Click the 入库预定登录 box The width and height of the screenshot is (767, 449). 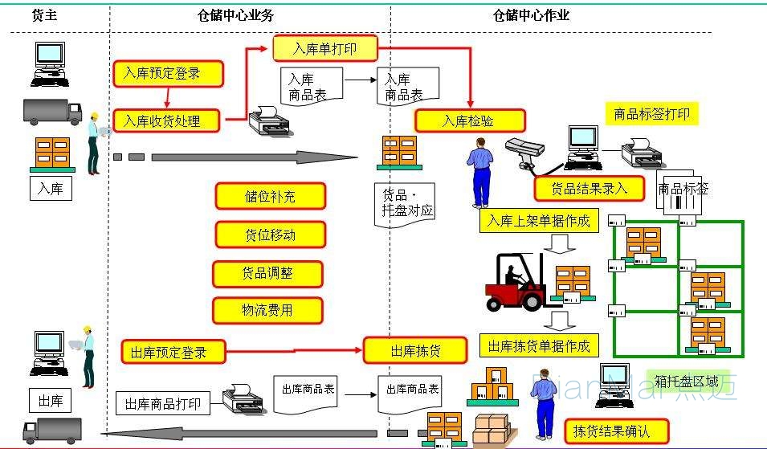(167, 74)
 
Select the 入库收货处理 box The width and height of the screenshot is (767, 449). (167, 121)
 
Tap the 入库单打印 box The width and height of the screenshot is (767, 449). (324, 49)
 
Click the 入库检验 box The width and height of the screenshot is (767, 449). (469, 120)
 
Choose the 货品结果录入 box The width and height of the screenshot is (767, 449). (590, 188)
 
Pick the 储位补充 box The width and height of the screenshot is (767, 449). (270, 196)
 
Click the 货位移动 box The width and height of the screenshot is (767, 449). (270, 235)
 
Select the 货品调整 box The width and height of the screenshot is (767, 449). (268, 273)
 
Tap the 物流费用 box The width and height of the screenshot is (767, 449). (267, 310)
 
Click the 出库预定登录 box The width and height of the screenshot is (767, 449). (173, 352)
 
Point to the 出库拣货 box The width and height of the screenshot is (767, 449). (414, 351)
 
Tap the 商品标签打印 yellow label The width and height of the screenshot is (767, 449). (651, 114)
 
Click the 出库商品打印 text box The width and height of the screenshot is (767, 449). (163, 403)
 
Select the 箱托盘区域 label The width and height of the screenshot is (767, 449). (687, 382)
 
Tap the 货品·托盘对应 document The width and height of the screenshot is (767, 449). (406, 204)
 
